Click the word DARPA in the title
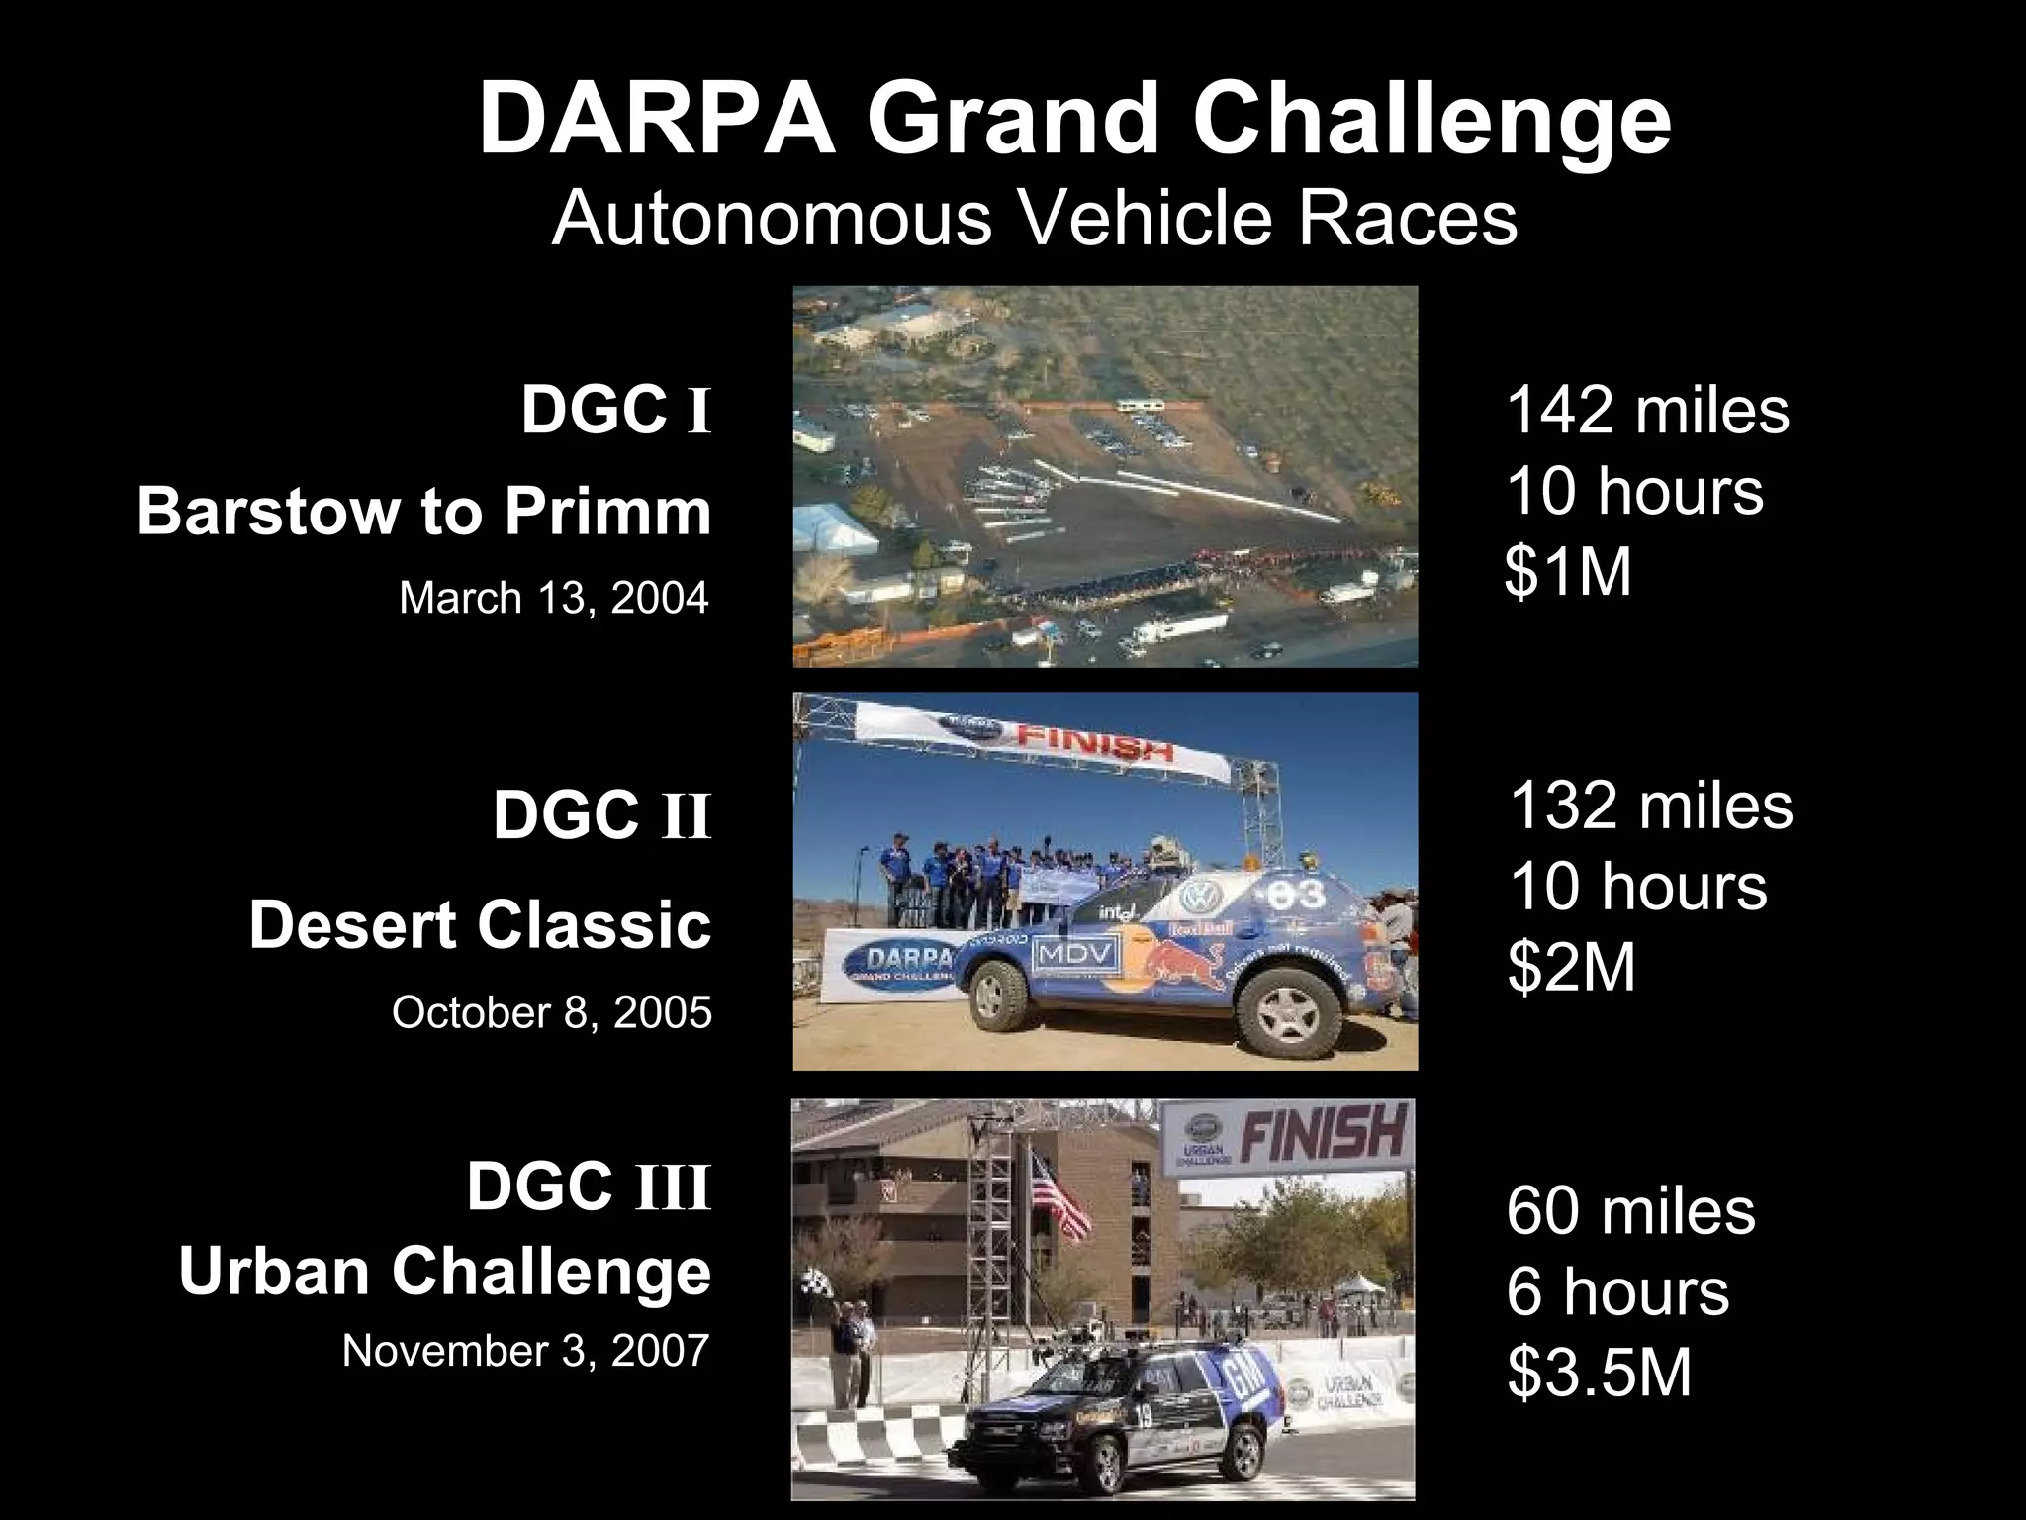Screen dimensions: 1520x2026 657,120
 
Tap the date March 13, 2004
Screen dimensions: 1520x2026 554,598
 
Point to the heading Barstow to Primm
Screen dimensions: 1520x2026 424,512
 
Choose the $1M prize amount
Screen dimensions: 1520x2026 1568,572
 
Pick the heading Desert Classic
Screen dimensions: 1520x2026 480,925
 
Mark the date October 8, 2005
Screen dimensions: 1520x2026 552,1012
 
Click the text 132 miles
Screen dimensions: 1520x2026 1651,806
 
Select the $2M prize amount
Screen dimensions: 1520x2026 1572,967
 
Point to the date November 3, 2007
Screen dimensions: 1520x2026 526,1351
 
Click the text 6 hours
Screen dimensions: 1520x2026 1617,1291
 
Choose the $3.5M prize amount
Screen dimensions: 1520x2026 1600,1374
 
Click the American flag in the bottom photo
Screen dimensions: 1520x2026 1060,1198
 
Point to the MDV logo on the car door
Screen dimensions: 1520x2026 1075,954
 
